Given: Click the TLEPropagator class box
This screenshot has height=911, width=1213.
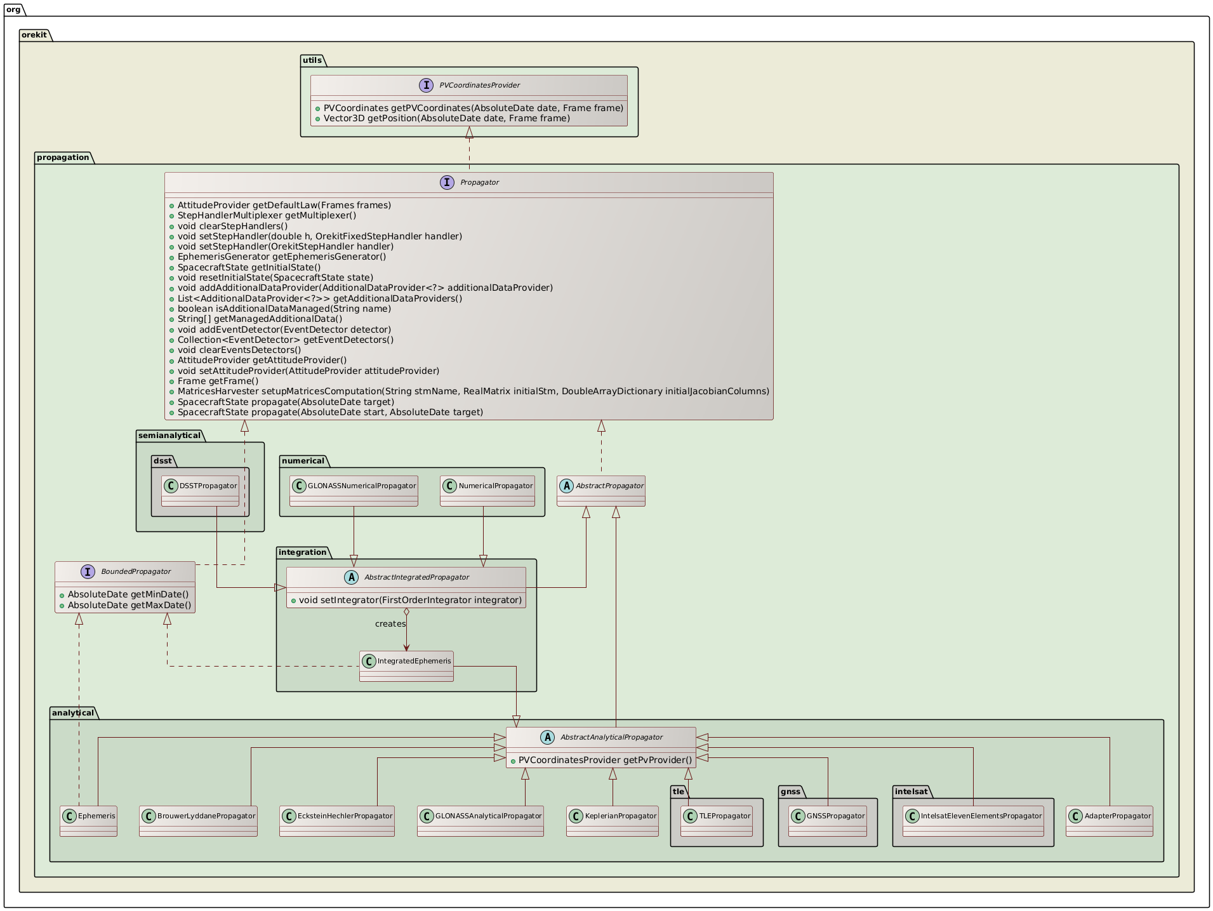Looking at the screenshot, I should click(717, 820).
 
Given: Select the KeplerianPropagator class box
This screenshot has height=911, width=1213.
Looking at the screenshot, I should click(612, 820).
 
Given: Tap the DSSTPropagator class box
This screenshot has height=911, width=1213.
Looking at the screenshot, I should click(200, 490).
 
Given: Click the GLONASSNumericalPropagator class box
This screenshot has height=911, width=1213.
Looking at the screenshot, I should click(354, 490).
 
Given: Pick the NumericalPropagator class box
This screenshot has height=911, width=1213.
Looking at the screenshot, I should click(487, 490).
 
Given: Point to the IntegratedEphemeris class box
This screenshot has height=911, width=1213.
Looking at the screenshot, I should click(406, 665).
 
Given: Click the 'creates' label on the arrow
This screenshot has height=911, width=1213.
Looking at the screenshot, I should click(390, 623).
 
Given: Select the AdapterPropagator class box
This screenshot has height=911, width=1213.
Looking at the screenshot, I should click(1109, 820).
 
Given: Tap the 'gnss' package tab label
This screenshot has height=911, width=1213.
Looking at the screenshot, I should click(790, 791).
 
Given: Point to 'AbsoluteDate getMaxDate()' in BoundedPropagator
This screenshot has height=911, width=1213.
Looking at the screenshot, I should click(129, 605).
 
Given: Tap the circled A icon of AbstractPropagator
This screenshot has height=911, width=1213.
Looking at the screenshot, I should click(566, 486).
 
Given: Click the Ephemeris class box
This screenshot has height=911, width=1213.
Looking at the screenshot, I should click(89, 820).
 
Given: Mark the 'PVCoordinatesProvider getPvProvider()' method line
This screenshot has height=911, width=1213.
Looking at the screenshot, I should click(605, 760).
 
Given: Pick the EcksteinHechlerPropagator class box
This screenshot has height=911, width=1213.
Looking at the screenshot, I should click(336, 820).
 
